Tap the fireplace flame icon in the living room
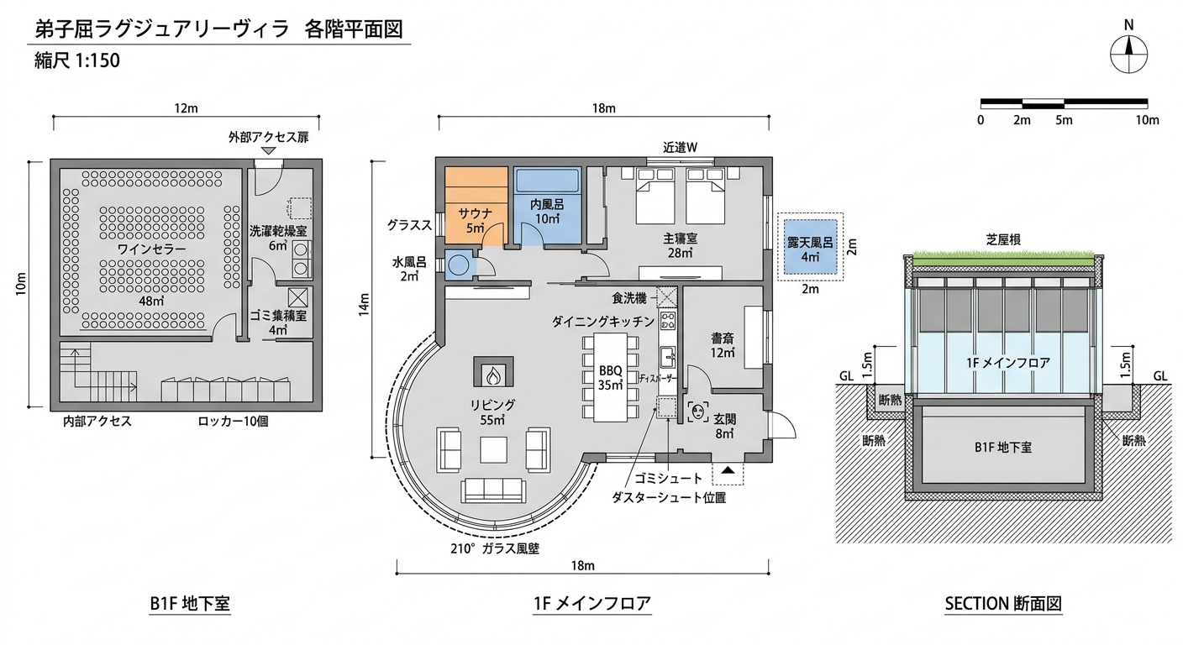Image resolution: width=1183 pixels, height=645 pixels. click(x=495, y=370)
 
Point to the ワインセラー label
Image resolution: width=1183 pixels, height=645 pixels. click(x=140, y=249)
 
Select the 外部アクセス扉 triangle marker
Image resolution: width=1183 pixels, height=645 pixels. click(x=268, y=150)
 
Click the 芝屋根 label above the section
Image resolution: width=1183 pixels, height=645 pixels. click(x=1003, y=239)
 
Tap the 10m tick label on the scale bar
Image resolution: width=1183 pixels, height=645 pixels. click(x=1147, y=120)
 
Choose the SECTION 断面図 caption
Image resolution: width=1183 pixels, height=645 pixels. click(x=1003, y=603)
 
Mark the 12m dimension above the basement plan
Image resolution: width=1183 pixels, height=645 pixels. click(x=186, y=108)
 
